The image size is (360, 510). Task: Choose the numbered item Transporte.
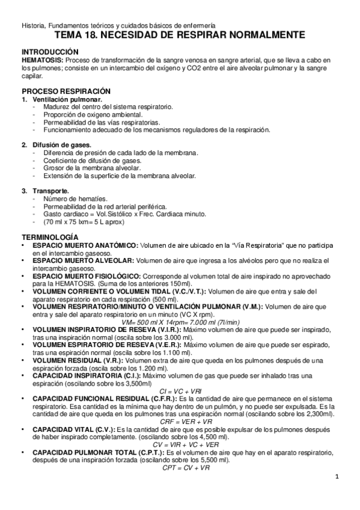point(50,191)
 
